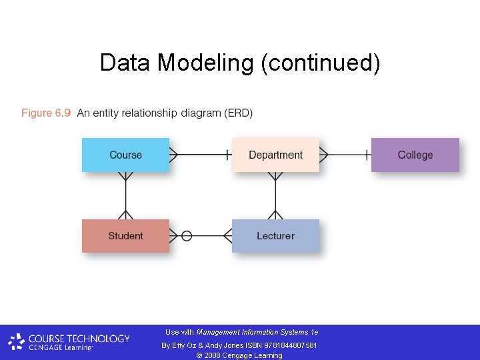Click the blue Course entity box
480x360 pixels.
[125, 155]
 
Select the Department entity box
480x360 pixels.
[275, 155]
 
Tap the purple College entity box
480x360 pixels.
[415, 155]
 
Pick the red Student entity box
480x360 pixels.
[125, 236]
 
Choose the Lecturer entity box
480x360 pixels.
[275, 236]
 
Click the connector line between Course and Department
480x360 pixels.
[200, 155]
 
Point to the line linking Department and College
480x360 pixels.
[345, 155]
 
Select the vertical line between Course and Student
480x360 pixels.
[125, 195]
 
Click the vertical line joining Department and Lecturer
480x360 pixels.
[275, 195]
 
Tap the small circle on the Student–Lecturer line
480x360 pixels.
[187, 235]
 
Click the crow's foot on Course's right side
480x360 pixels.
[174, 155]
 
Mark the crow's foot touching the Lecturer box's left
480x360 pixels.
[227, 235]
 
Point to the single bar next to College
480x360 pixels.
[366, 155]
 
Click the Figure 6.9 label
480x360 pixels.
[46, 113]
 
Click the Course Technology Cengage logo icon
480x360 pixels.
[16, 343]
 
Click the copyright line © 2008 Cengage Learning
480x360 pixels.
[240, 355]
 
